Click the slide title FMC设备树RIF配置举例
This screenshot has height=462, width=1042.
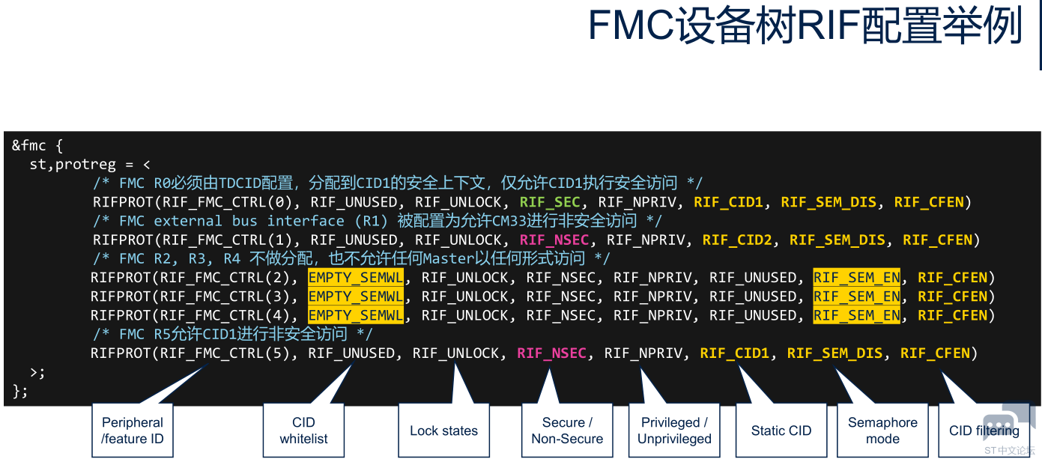tap(805, 26)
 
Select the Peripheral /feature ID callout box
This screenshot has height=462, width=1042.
tap(133, 431)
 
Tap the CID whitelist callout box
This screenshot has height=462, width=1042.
tap(303, 431)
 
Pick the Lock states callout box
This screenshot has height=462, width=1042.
tap(443, 431)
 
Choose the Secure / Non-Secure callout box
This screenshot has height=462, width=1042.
tap(567, 431)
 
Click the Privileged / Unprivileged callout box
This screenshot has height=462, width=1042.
tap(674, 431)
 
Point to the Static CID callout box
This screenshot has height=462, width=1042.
tap(781, 431)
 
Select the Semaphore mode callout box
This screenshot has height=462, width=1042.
tap(882, 431)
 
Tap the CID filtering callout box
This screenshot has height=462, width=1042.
tap(984, 431)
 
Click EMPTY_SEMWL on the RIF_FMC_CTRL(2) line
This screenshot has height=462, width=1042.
tap(356, 278)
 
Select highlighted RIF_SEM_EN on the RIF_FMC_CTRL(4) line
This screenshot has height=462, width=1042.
tap(857, 316)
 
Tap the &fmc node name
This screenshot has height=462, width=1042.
tap(28, 145)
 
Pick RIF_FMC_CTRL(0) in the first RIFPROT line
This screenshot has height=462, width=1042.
tap(230, 202)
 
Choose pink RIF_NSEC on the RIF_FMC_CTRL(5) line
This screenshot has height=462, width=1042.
tap(551, 353)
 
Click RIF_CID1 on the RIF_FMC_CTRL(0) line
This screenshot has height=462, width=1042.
tap(728, 202)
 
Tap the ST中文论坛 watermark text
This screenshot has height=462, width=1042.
tap(1009, 451)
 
